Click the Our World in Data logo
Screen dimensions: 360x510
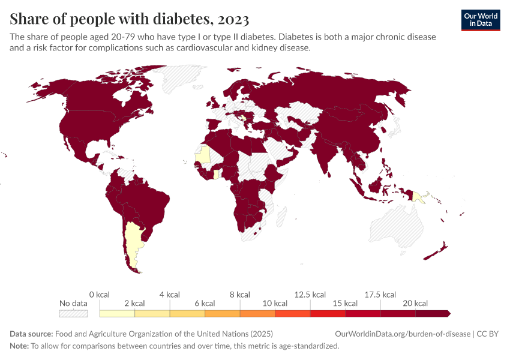tap(480, 20)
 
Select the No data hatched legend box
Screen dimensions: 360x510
tap(73, 313)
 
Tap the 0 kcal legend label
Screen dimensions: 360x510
tap(99, 295)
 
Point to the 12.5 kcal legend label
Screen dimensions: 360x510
tap(310, 295)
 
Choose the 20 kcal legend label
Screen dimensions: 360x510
tap(415, 303)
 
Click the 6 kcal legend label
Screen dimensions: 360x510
tap(205, 303)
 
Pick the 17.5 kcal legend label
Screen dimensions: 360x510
tap(380, 295)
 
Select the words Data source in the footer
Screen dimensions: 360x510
tap(31, 334)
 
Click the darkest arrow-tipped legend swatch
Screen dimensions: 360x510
tap(433, 313)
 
